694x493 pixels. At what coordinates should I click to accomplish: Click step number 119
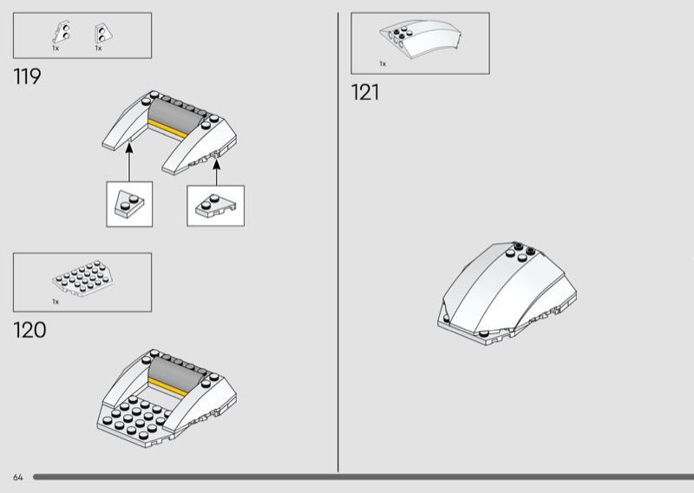tap(27, 76)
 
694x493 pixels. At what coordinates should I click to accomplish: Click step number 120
tap(29, 331)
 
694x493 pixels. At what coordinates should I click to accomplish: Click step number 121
tap(365, 93)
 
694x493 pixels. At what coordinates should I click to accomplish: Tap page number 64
tap(17, 477)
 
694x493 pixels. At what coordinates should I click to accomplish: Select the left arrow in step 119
tap(128, 161)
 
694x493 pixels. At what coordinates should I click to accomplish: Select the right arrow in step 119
tap(216, 173)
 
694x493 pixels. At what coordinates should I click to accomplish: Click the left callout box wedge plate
tap(129, 204)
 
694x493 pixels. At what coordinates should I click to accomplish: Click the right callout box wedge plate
tap(215, 207)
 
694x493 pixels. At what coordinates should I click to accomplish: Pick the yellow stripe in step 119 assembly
tap(168, 129)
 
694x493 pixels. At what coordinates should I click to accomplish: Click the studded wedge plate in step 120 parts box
tap(82, 279)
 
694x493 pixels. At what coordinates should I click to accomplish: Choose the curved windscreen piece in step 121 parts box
tap(421, 38)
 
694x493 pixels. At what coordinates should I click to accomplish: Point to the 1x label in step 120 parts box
tap(56, 302)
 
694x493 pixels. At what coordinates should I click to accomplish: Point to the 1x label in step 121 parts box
tap(383, 63)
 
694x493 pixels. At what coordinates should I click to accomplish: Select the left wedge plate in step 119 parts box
tap(62, 32)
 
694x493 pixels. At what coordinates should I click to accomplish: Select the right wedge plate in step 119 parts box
tap(103, 34)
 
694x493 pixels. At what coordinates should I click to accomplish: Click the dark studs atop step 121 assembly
tap(520, 251)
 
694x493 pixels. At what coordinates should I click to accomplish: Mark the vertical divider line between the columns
tap(338, 242)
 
